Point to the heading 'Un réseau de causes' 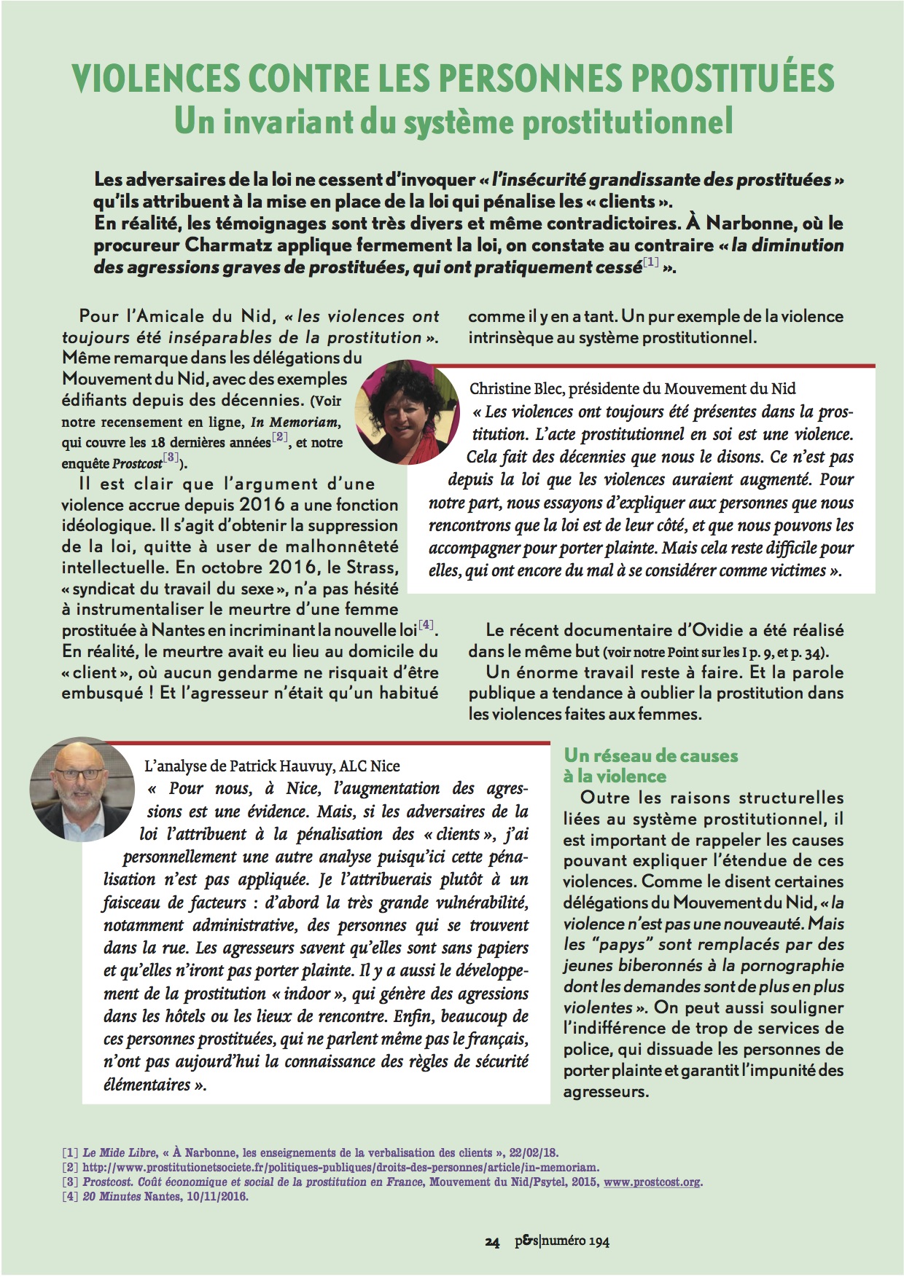tap(650, 755)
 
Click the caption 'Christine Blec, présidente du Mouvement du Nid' tap(632, 388)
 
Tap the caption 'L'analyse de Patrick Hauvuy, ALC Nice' tap(273, 766)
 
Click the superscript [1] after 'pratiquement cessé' tap(650, 263)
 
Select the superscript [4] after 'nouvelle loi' tap(426, 625)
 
